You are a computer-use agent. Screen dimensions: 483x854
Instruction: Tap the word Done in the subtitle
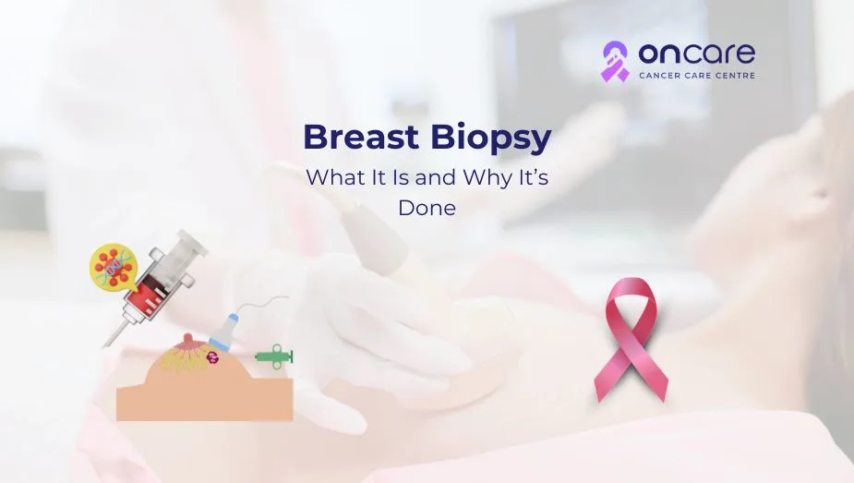[427, 208]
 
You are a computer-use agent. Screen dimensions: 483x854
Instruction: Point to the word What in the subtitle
[330, 177]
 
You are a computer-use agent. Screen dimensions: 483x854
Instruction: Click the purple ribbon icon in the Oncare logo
[615, 61]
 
